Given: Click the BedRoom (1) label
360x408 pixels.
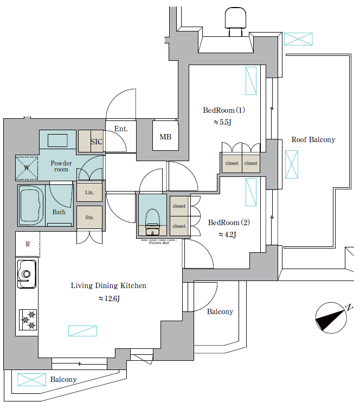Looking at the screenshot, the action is click(x=224, y=110).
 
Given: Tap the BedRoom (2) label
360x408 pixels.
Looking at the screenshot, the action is click(x=229, y=222).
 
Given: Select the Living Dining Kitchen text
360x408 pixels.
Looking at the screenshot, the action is click(x=108, y=285).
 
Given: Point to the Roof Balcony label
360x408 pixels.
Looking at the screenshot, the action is click(x=313, y=140).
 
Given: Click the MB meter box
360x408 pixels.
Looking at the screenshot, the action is click(x=165, y=135).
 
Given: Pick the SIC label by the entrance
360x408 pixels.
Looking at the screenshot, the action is click(x=97, y=142).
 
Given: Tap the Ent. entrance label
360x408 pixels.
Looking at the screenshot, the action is click(x=121, y=129).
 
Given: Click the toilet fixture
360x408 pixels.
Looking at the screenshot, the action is click(x=152, y=222).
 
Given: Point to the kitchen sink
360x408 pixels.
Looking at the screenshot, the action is click(x=27, y=274).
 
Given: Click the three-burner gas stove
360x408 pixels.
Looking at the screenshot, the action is click(x=28, y=320).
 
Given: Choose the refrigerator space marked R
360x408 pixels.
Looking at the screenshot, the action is click(x=28, y=244).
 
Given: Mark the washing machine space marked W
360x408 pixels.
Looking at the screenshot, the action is click(x=27, y=168).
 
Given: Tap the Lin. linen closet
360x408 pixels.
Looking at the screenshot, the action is click(x=89, y=192).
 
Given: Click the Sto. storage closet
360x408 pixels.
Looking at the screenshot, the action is click(x=89, y=217).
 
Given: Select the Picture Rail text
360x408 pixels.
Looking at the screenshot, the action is click(x=159, y=243).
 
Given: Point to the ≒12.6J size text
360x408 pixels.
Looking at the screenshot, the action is click(x=109, y=298).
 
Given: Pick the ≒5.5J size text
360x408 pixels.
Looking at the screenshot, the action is click(x=222, y=122).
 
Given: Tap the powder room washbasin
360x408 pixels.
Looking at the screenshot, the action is click(x=57, y=140).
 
